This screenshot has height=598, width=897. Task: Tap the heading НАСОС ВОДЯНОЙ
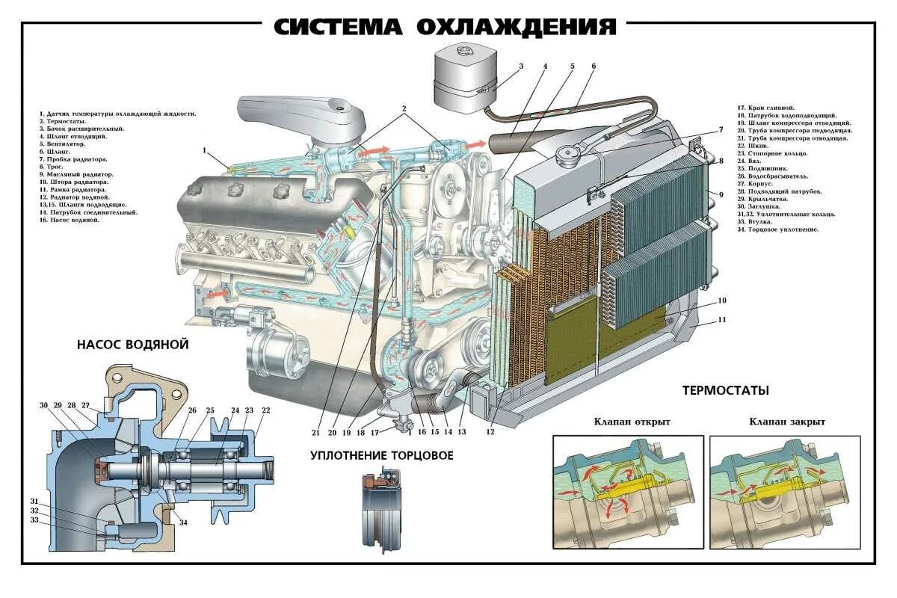pos(132,345)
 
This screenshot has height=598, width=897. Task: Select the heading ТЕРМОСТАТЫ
pos(726,390)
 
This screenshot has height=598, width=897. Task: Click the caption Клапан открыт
pos(632,422)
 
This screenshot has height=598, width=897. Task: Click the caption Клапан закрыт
pos(787,422)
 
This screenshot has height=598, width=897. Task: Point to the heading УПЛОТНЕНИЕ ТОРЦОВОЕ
pos(382,455)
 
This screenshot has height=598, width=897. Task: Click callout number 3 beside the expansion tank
pos(521,66)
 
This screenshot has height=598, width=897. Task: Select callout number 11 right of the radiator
pos(721,320)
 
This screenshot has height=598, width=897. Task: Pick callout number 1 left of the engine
pos(203,150)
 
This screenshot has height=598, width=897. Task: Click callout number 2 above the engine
pos(404,108)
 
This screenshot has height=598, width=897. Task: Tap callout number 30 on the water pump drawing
pos(43,405)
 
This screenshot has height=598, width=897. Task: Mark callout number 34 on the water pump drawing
pos(183,523)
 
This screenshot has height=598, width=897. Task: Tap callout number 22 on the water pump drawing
pos(265,410)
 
